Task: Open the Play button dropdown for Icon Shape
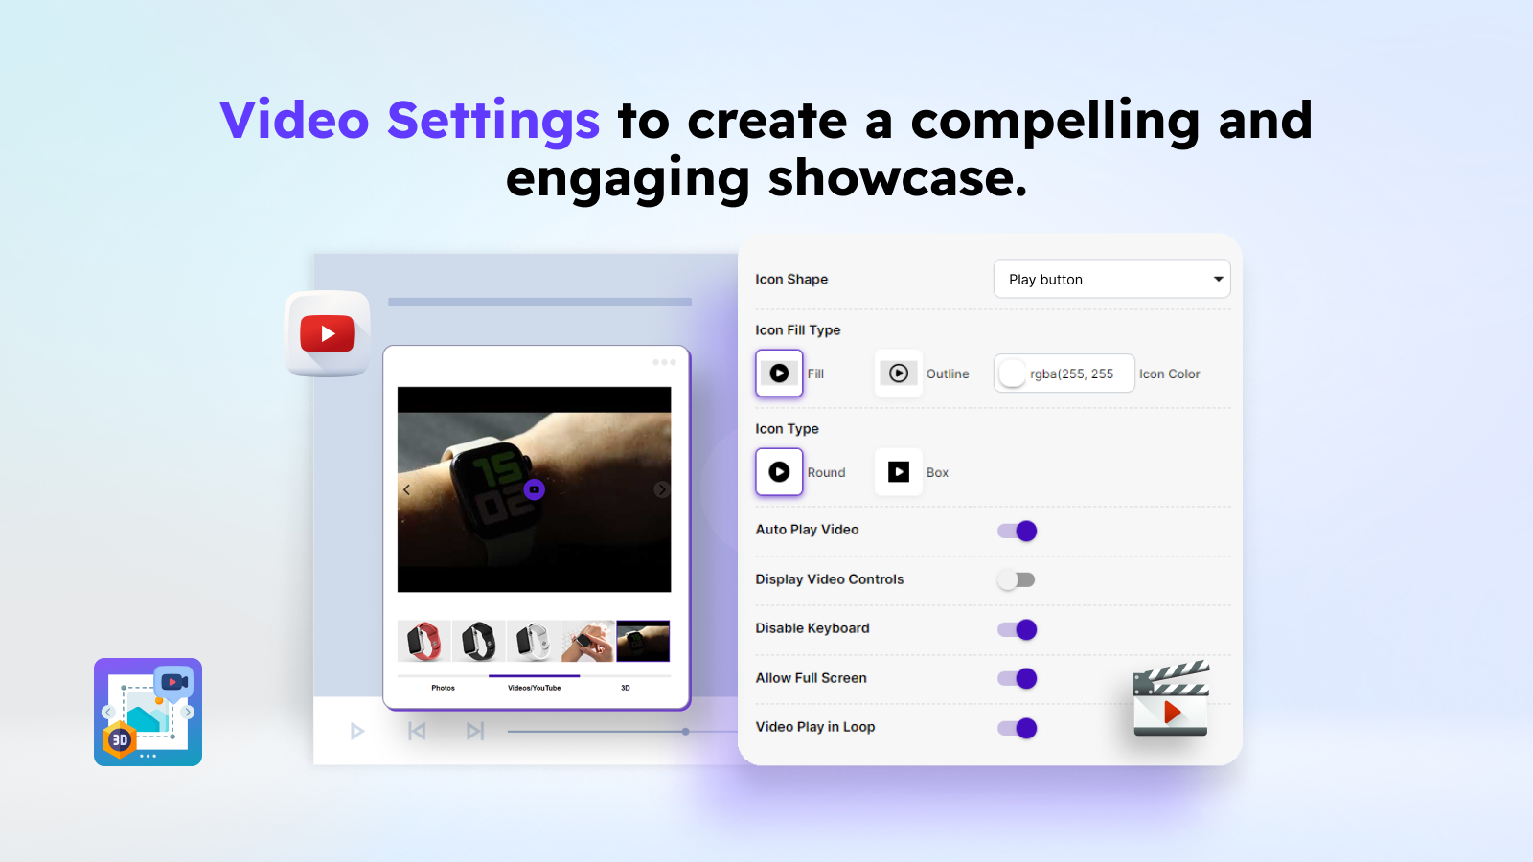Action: coord(1111,279)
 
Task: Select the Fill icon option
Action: coord(779,374)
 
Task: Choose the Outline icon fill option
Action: coord(898,374)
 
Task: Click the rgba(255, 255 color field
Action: coord(1064,374)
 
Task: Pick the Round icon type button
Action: coord(779,472)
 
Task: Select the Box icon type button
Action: coord(898,472)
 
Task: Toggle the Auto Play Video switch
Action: coord(1017,531)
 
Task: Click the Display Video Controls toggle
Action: coord(1017,579)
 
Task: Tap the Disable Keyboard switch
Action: coord(1017,629)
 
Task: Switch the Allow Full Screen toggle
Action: coord(1017,678)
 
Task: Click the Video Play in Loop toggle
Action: coord(1017,728)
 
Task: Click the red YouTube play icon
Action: coord(328,333)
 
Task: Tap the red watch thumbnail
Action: coord(423,642)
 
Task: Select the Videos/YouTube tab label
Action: coord(534,688)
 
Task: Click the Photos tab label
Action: coord(443,688)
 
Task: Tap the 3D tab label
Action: coord(625,688)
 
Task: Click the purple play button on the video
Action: coord(535,489)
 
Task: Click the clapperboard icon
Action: coord(1171,700)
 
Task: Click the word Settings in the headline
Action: coord(492,122)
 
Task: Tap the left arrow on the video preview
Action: coord(406,489)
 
